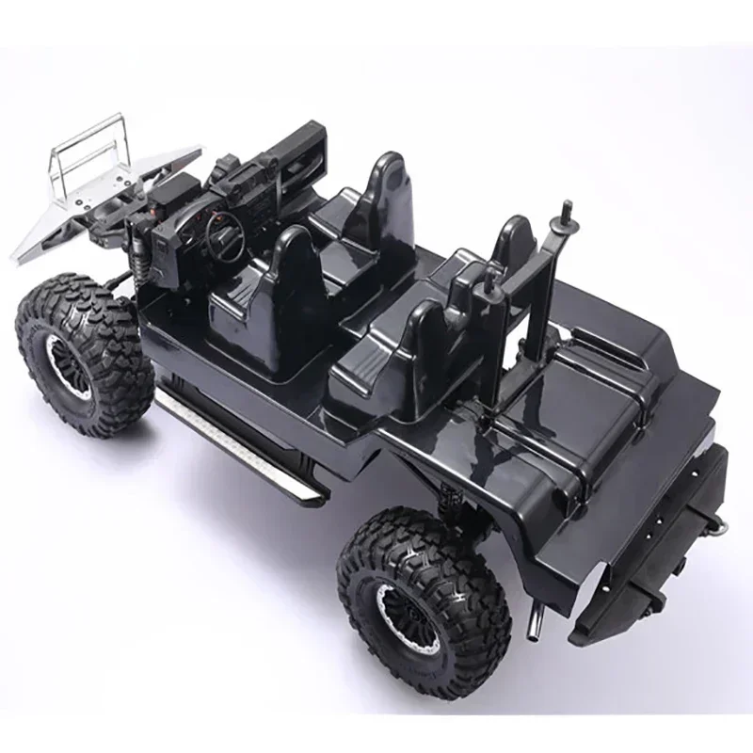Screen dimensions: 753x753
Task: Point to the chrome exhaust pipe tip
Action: [537, 622]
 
